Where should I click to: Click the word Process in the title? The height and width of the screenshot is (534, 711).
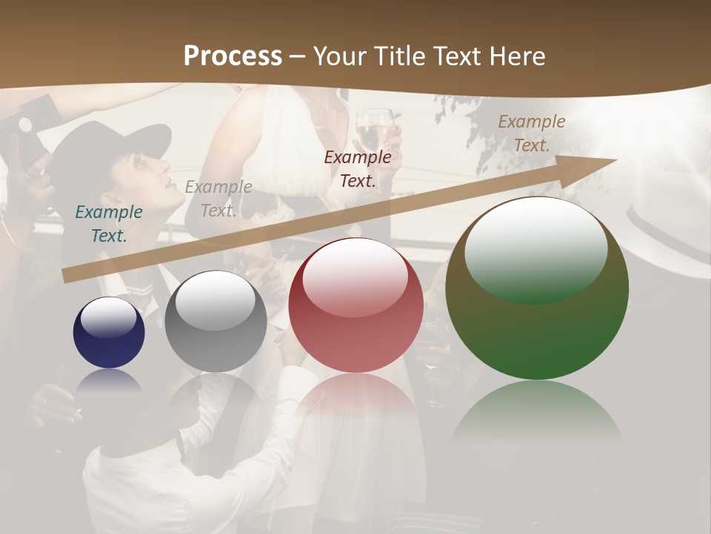point(233,56)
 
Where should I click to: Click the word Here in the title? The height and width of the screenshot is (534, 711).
point(515,56)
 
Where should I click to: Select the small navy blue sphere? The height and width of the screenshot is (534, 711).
point(109,333)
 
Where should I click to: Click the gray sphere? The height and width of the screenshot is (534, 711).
point(216,322)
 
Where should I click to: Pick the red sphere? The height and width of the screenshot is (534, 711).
point(355,306)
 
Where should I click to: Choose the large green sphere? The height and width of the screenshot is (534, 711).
point(537,289)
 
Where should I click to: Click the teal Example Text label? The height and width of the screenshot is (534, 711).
point(109,224)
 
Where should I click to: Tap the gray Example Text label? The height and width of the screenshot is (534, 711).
point(218,199)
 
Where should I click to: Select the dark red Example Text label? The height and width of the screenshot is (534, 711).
point(358,168)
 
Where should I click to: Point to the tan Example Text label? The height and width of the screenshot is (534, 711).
point(531,133)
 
